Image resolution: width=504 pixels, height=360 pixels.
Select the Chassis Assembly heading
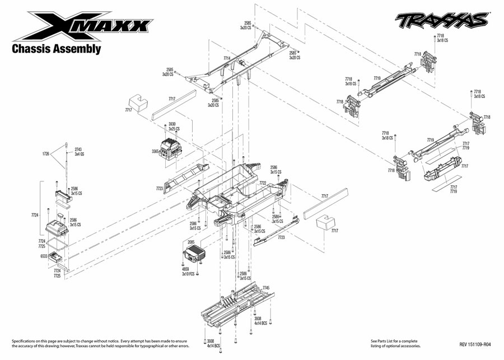tap(57, 49)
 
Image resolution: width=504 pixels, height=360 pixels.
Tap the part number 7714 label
tap(227, 58)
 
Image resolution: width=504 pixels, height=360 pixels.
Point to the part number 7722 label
tap(263, 183)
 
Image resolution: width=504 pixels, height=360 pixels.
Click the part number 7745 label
tap(266, 287)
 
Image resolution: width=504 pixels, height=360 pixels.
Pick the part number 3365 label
tap(155, 151)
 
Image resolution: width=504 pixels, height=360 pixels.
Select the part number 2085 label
tap(191, 242)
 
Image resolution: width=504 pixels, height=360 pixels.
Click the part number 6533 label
tap(44, 256)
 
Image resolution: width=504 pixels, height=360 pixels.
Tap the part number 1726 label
tap(46, 153)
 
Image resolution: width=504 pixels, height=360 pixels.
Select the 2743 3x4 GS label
tap(78, 152)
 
